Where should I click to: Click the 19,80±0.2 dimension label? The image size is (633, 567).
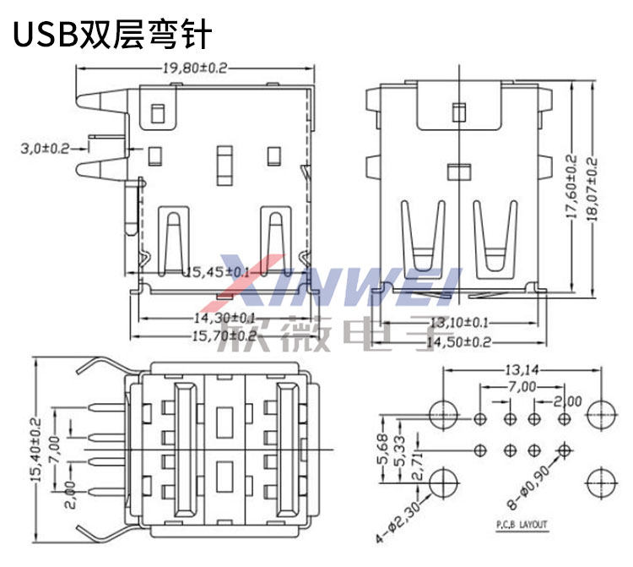click(194, 68)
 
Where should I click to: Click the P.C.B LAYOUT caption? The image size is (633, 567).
click(521, 525)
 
